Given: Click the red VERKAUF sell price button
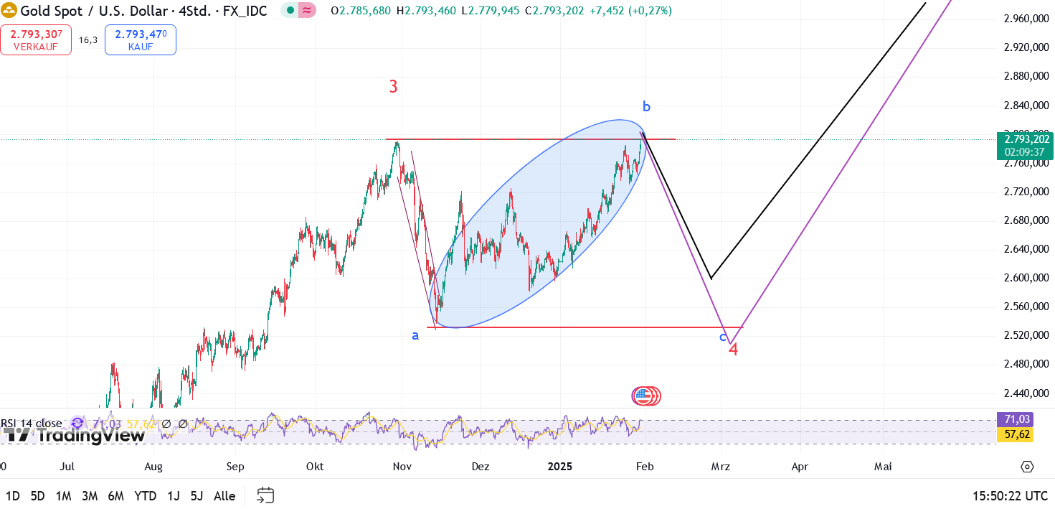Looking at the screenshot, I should (x=35, y=39).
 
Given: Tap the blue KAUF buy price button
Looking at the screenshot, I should (x=140, y=39).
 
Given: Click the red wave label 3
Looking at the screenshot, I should (x=393, y=87).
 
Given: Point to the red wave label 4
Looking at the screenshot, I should (x=734, y=349).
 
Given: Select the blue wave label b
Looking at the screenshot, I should (x=646, y=107).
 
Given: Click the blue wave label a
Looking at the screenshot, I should (x=415, y=335).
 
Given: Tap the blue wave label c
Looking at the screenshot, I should (x=723, y=336).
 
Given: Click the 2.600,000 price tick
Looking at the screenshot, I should (x=1026, y=278).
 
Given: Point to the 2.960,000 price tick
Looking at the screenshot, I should (x=1026, y=19).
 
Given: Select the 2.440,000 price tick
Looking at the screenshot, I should (x=1026, y=393).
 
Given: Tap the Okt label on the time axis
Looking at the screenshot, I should (x=315, y=467).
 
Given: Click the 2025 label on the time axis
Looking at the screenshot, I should (x=560, y=467).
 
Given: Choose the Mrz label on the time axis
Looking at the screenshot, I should (x=720, y=467).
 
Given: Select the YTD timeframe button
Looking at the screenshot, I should (x=146, y=496).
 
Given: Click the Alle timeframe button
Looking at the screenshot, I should (x=224, y=496).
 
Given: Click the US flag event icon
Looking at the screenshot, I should (x=644, y=396).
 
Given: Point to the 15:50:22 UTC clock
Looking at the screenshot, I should (x=1010, y=496).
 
